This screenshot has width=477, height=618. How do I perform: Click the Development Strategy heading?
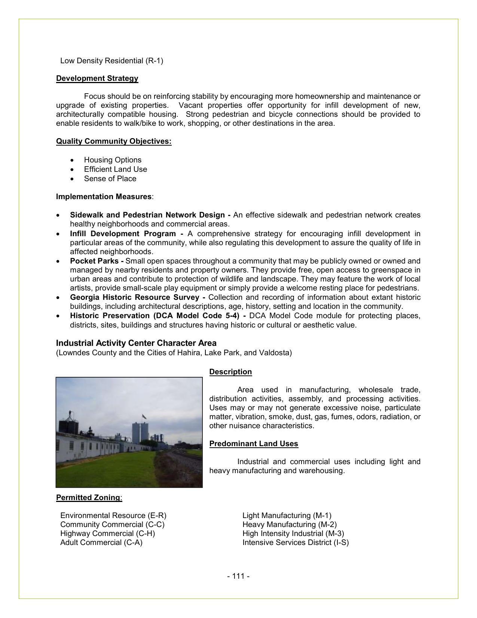pos(97,78)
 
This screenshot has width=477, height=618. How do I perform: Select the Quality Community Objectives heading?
pos(114,141)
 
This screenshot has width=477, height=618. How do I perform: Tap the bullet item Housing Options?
pos(113,160)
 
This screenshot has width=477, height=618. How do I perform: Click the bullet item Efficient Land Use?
pos(115,169)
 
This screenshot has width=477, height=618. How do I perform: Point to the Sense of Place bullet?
pos(110,179)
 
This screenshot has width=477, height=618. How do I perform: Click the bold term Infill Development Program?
pos(123,234)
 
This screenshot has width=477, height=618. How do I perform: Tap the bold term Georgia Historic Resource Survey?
pos(135,297)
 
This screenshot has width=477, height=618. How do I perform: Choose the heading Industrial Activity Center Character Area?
pos(136,343)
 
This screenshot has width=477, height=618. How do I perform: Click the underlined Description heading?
pos(230,372)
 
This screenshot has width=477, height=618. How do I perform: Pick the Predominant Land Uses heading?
pos(254,444)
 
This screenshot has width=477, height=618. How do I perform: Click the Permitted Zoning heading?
pos(88,497)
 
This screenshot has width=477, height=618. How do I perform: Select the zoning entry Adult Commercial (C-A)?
pos(101,542)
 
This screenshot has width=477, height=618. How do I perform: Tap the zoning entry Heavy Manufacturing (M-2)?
pos(289,524)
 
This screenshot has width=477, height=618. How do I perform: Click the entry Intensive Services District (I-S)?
pos(295,542)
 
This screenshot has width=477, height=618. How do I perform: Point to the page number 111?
pos(238,576)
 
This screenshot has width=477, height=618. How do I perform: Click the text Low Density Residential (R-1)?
pos(111,61)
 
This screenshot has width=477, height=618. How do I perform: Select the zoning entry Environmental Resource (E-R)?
pos(113,515)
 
